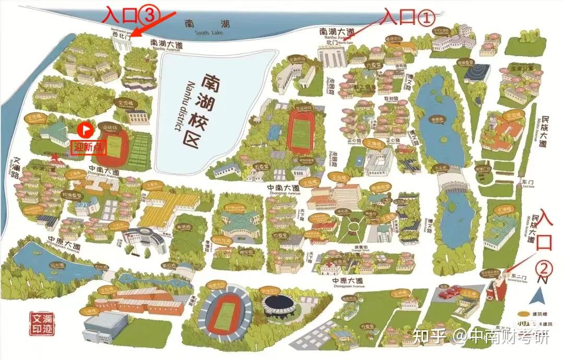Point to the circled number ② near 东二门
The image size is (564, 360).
click(x=544, y=269)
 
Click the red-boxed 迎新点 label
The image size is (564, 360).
click(x=89, y=147)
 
